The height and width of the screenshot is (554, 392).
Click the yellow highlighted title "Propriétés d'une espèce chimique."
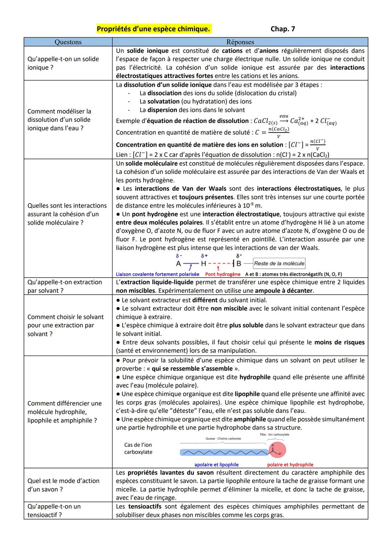pos(154,29)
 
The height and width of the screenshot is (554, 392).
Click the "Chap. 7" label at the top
pos(283,29)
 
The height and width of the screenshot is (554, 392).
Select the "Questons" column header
pos(68,42)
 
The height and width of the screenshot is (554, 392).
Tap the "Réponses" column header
pos(240,42)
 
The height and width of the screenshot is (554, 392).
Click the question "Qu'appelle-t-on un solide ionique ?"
pos(63,63)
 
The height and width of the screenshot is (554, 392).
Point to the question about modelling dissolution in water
pos(59,120)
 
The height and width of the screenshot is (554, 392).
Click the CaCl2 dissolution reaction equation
pos(295,121)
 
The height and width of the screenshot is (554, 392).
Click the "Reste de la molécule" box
pos(279,263)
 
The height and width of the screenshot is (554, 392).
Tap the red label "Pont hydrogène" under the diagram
pos(223,274)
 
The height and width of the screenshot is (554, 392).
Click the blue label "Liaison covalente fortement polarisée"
pos(158,274)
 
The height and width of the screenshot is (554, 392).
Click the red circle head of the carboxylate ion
pos(277,451)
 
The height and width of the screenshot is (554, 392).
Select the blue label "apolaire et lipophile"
pos(216,465)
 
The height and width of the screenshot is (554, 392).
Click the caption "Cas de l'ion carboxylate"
pos(138,448)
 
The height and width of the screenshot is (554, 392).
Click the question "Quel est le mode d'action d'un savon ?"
pos(64,485)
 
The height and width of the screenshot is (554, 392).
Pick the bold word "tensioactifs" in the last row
pos(145,506)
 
